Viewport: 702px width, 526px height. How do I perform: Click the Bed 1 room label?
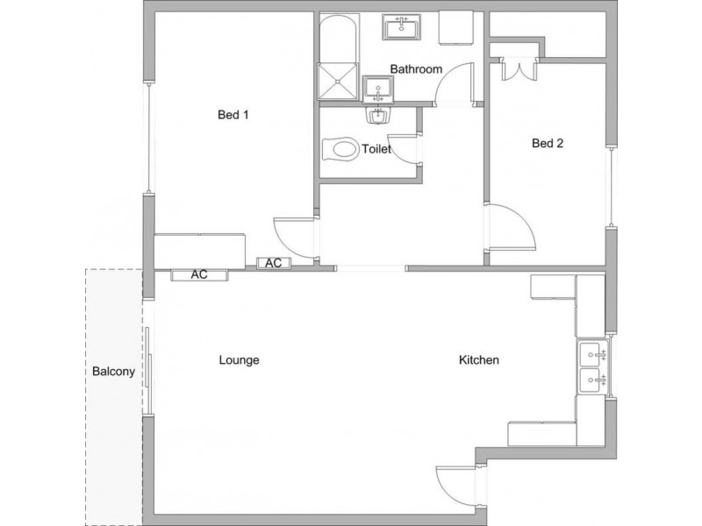(233, 115)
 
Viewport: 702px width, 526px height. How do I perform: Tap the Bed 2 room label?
(547, 143)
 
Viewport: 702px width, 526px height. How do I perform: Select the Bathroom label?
(416, 69)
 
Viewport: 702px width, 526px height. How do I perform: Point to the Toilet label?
(376, 149)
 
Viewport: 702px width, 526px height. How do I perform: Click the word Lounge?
(239, 360)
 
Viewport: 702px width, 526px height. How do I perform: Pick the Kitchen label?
(478, 360)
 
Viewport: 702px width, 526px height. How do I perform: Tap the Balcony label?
(113, 371)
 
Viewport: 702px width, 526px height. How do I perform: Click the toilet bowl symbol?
(340, 149)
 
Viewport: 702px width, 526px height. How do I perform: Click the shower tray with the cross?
(338, 82)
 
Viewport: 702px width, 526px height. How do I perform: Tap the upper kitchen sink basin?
(593, 354)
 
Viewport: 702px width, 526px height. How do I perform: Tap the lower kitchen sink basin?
(593, 380)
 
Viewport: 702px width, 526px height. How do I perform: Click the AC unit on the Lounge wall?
(199, 274)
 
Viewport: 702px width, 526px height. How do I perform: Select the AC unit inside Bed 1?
(274, 263)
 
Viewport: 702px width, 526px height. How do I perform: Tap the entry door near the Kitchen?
(455, 487)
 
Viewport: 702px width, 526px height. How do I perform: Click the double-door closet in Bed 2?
(519, 69)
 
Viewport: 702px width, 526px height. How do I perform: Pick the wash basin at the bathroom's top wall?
(402, 27)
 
